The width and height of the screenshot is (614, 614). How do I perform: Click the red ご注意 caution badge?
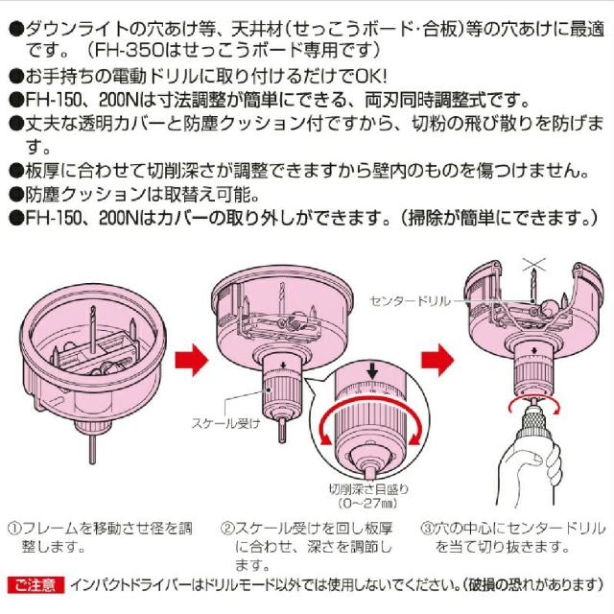35,583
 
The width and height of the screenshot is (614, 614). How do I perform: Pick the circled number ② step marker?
228,529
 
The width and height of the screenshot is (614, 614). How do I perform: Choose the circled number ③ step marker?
428,529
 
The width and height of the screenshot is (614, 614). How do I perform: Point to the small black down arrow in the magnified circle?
372,370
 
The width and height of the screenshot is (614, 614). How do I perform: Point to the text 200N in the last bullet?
106,219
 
